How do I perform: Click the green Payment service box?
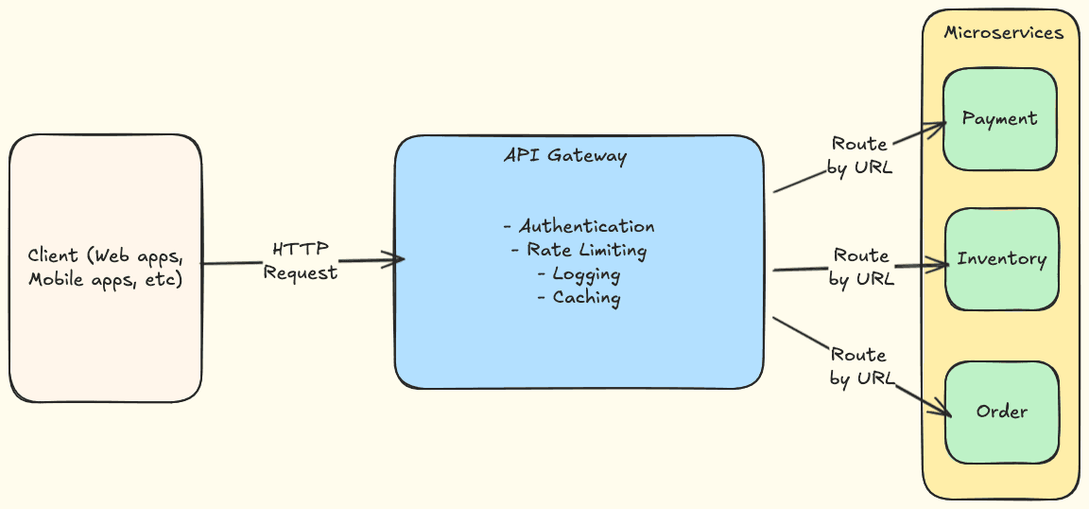[999, 119]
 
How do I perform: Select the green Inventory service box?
[1001, 259]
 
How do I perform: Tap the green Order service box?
[1001, 412]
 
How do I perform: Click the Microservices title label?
[1004, 33]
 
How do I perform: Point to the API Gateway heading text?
[564, 156]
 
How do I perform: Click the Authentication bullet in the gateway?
[579, 227]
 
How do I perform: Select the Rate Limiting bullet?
[579, 251]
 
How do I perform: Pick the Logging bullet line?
[579, 274]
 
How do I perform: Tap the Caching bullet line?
[579, 298]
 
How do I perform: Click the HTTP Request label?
[300, 261]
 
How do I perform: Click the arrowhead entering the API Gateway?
[399, 259]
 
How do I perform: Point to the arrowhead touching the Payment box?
[941, 124]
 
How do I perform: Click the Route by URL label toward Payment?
[860, 156]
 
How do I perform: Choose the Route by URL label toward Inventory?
[860, 267]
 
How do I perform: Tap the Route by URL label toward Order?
[859, 366]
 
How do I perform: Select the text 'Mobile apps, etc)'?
[105, 280]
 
